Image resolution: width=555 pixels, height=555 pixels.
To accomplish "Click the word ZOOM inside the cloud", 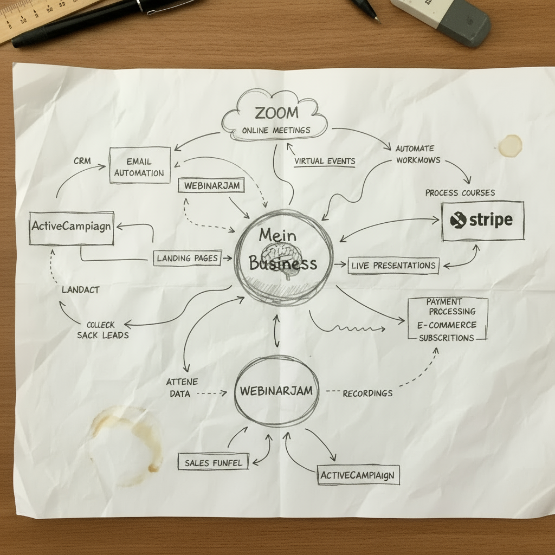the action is pyautogui.click(x=277, y=113).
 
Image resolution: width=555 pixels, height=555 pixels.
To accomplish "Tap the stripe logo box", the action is pyautogui.click(x=483, y=221).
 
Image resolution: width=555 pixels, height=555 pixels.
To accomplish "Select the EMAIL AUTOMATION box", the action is pyautogui.click(x=140, y=165).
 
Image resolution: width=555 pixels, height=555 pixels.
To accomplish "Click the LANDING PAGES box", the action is pyautogui.click(x=188, y=258).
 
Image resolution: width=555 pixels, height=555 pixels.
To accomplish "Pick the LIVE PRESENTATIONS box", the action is pyautogui.click(x=393, y=266).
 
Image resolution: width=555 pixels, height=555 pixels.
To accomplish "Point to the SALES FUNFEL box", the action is pyautogui.click(x=213, y=462).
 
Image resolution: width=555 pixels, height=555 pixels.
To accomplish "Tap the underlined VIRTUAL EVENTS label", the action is pyautogui.click(x=325, y=162).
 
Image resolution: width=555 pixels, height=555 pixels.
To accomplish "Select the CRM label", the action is pyautogui.click(x=82, y=160).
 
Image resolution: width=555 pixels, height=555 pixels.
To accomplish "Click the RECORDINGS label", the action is pyautogui.click(x=367, y=393).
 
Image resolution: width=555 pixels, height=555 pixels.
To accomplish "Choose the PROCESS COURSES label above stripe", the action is pyautogui.click(x=460, y=193).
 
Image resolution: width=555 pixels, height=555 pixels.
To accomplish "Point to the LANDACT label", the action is pyautogui.click(x=80, y=290).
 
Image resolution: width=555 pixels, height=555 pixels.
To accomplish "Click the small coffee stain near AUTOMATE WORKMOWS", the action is pyautogui.click(x=510, y=145).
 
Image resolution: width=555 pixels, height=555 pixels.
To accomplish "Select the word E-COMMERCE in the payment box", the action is pyautogui.click(x=447, y=325).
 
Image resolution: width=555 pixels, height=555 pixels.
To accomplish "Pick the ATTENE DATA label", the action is pyautogui.click(x=182, y=388).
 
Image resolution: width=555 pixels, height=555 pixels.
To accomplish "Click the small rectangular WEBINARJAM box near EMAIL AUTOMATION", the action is pyautogui.click(x=211, y=185).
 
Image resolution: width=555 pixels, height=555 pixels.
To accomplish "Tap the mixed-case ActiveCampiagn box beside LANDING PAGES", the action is pyautogui.click(x=72, y=228).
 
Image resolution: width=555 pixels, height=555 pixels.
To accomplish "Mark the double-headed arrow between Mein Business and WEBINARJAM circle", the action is pyautogui.click(x=276, y=331).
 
